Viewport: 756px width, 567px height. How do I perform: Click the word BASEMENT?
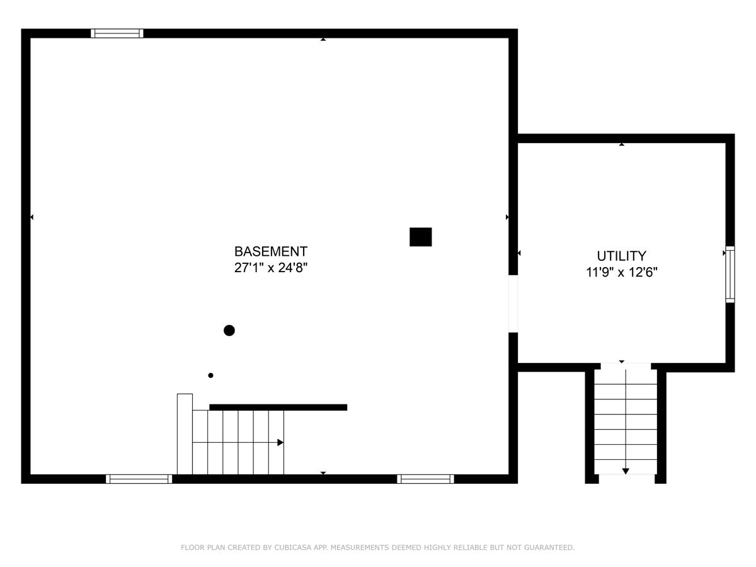pyautogui.click(x=271, y=251)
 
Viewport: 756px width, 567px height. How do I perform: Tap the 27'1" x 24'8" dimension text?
pyautogui.click(x=271, y=268)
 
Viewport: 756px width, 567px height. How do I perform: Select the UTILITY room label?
pyautogui.click(x=621, y=256)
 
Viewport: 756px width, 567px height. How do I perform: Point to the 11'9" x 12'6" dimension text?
pyautogui.click(x=622, y=272)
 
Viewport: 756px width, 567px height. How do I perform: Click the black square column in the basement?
pyautogui.click(x=421, y=237)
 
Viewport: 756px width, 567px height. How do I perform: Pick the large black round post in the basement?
pyautogui.click(x=229, y=331)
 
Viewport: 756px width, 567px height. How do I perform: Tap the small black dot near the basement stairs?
pyautogui.click(x=211, y=375)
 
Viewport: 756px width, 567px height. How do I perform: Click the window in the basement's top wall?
pyautogui.click(x=117, y=33)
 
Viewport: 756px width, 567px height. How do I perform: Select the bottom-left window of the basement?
pyautogui.click(x=139, y=479)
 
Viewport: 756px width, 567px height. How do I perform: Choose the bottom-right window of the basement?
pyautogui.click(x=425, y=479)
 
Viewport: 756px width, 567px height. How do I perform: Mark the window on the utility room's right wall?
pyautogui.click(x=730, y=275)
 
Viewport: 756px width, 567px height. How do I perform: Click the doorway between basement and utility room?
pyautogui.click(x=513, y=304)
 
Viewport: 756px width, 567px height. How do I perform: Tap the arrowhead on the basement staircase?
pyautogui.click(x=280, y=442)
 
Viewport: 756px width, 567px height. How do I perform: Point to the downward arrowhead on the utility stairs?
pyautogui.click(x=626, y=471)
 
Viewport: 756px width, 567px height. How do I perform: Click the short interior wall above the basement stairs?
pyautogui.click(x=278, y=407)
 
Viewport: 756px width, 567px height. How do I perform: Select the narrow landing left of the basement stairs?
pyautogui.click(x=185, y=434)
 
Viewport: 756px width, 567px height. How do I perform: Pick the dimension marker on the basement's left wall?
pyautogui.click(x=31, y=217)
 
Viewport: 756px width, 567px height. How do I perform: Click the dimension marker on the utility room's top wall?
pyautogui.click(x=622, y=144)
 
